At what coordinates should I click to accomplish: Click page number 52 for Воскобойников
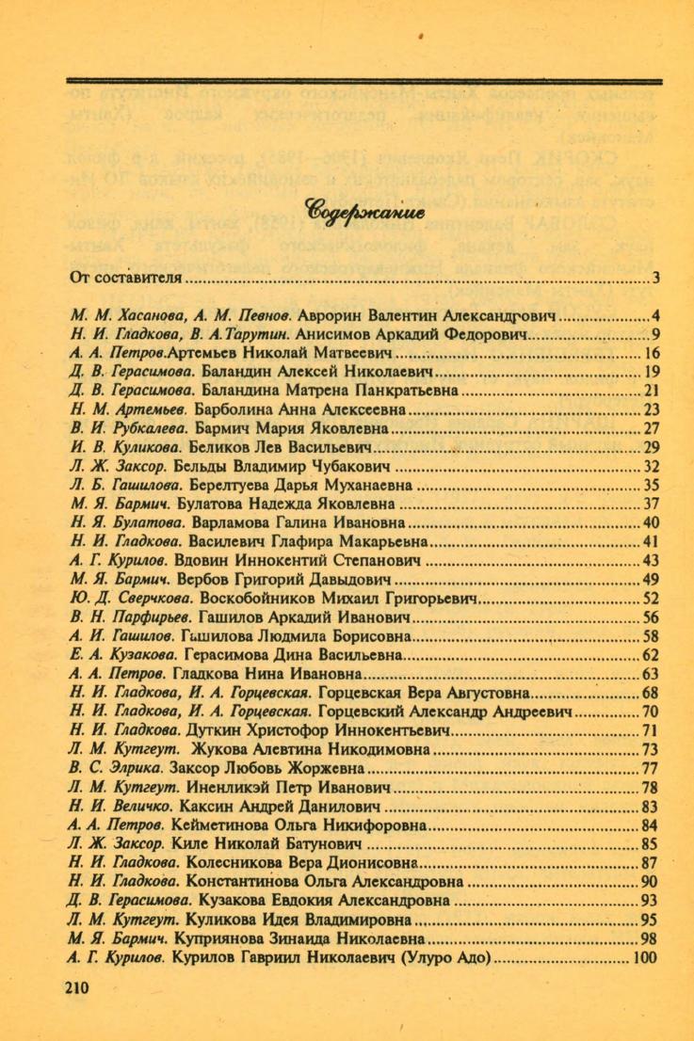click(x=650, y=598)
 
